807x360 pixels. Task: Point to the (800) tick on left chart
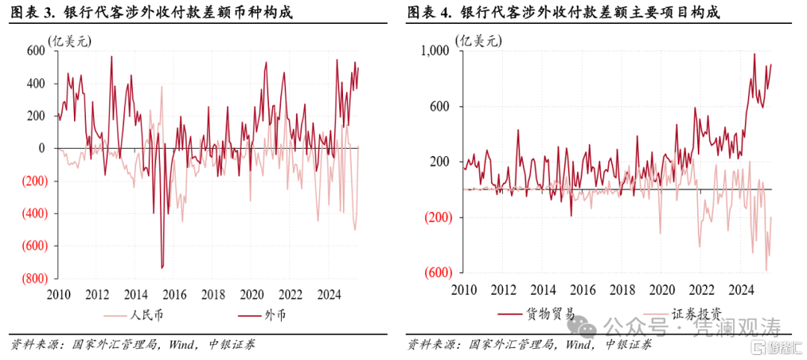click(x=31, y=278)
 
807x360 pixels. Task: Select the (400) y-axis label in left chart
click(x=31, y=213)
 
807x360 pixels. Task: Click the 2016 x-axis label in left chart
click(x=174, y=293)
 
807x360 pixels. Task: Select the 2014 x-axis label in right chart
click(x=543, y=290)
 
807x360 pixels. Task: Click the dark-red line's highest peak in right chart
click(x=754, y=54)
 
